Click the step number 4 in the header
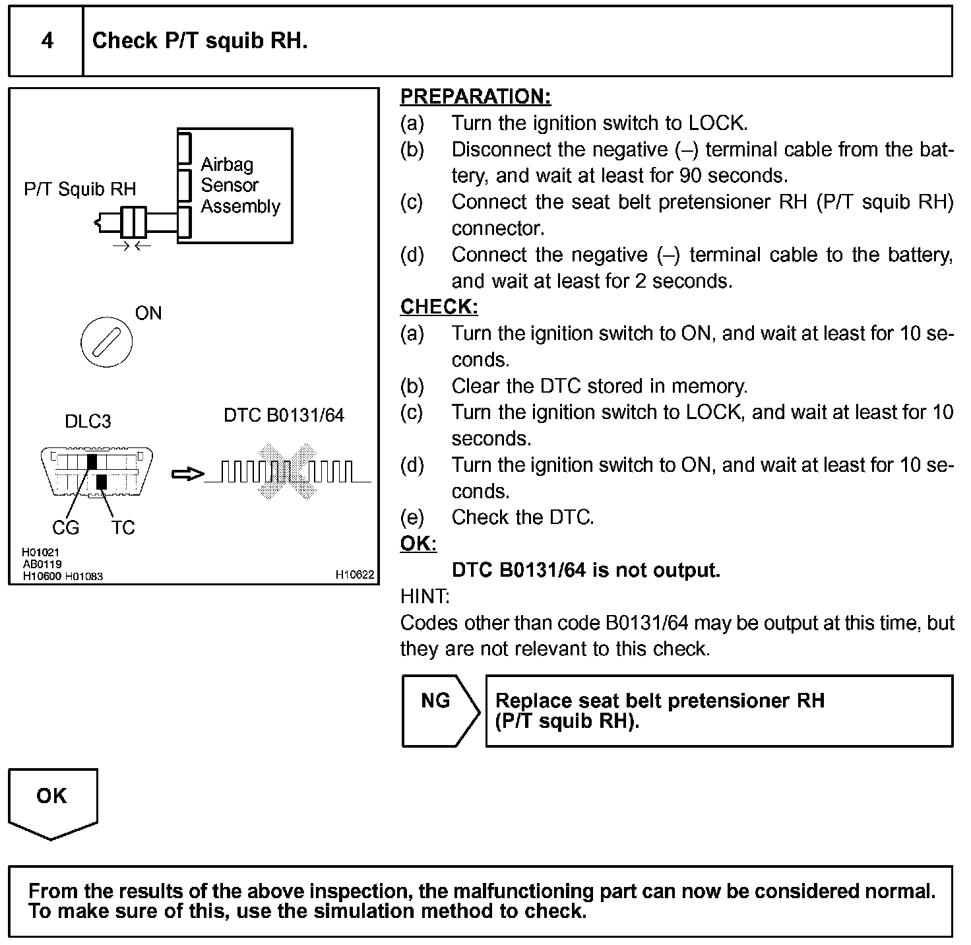pyautogui.click(x=47, y=41)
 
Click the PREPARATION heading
pyautogui.click(x=475, y=96)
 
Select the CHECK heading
pyautogui.click(x=439, y=307)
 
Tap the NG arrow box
pyautogui.click(x=439, y=710)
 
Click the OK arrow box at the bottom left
pyautogui.click(x=52, y=800)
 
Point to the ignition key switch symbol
pyautogui.click(x=106, y=343)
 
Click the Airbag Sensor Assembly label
pyautogui.click(x=240, y=185)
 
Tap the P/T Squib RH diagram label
pyautogui.click(x=80, y=189)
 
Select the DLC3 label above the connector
pyautogui.click(x=88, y=421)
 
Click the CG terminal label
pyautogui.click(x=65, y=527)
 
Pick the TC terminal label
pyautogui.click(x=123, y=527)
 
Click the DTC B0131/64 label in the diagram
pyautogui.click(x=284, y=415)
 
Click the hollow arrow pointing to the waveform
pyautogui.click(x=187, y=474)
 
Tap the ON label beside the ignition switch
pyautogui.click(x=148, y=313)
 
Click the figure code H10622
pyautogui.click(x=355, y=575)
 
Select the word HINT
pyautogui.click(x=424, y=597)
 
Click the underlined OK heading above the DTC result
pyautogui.click(x=418, y=544)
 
